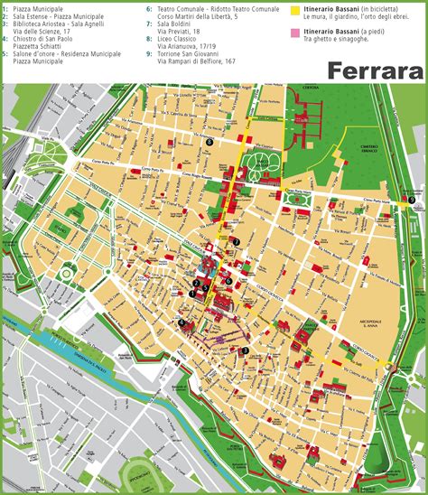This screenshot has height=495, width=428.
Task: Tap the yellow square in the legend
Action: pyautogui.click(x=294, y=11)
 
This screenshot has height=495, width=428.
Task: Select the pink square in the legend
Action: pyautogui.click(x=294, y=33)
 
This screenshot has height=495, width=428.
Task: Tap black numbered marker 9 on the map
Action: pyautogui.click(x=412, y=200)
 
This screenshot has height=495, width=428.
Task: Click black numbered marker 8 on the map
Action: pyautogui.click(x=209, y=141)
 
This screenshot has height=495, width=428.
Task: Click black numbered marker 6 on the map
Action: pyautogui.click(x=229, y=280)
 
